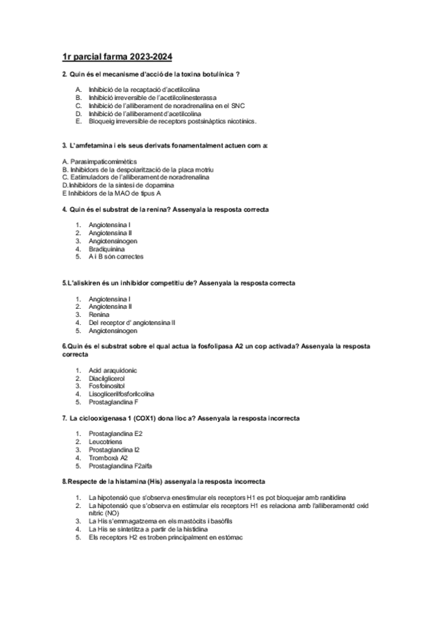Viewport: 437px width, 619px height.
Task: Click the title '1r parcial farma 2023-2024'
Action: click(x=118, y=56)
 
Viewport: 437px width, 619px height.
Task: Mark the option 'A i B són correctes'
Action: click(x=116, y=257)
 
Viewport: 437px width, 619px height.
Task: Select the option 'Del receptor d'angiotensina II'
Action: click(x=131, y=322)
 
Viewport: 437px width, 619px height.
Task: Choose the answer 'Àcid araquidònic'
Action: click(x=112, y=370)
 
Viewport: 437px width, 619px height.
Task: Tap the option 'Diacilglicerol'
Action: click(x=107, y=378)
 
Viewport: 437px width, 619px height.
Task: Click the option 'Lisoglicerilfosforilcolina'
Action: click(x=121, y=394)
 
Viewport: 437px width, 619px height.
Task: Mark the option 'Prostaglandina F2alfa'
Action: click(x=120, y=466)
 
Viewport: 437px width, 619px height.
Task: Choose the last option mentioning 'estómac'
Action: click(x=166, y=537)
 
